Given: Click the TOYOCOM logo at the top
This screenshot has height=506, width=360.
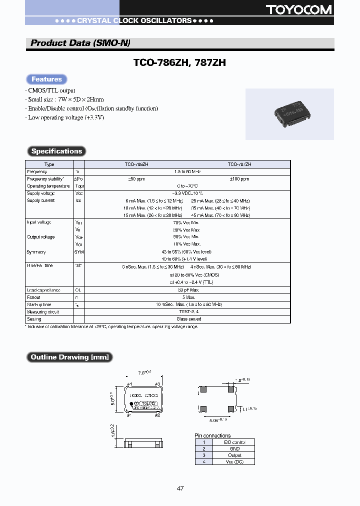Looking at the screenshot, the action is tap(306, 9).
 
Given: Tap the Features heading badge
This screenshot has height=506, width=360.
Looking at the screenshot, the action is tap(46, 79).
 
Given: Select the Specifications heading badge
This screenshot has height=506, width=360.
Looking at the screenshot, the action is tap(56, 151).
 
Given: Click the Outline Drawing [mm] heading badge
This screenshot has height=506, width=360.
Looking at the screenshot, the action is tap(69, 357).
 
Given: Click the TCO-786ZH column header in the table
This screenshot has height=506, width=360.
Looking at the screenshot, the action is tap(136, 164).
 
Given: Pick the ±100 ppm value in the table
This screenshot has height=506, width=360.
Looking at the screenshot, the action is tap(239, 178).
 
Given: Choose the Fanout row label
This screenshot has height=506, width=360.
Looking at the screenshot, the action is tap(34, 297).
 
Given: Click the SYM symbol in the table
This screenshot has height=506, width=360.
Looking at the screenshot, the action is tap(79, 252).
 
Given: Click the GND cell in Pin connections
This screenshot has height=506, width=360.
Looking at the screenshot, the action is tap(234, 448).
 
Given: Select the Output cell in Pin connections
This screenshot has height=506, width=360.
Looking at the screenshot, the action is tap(234, 455).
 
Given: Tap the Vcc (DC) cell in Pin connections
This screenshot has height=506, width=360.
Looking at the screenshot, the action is tap(234, 461).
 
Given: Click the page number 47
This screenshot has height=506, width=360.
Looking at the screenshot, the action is tap(180, 488).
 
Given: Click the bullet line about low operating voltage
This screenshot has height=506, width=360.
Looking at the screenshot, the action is tap(66, 117).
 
